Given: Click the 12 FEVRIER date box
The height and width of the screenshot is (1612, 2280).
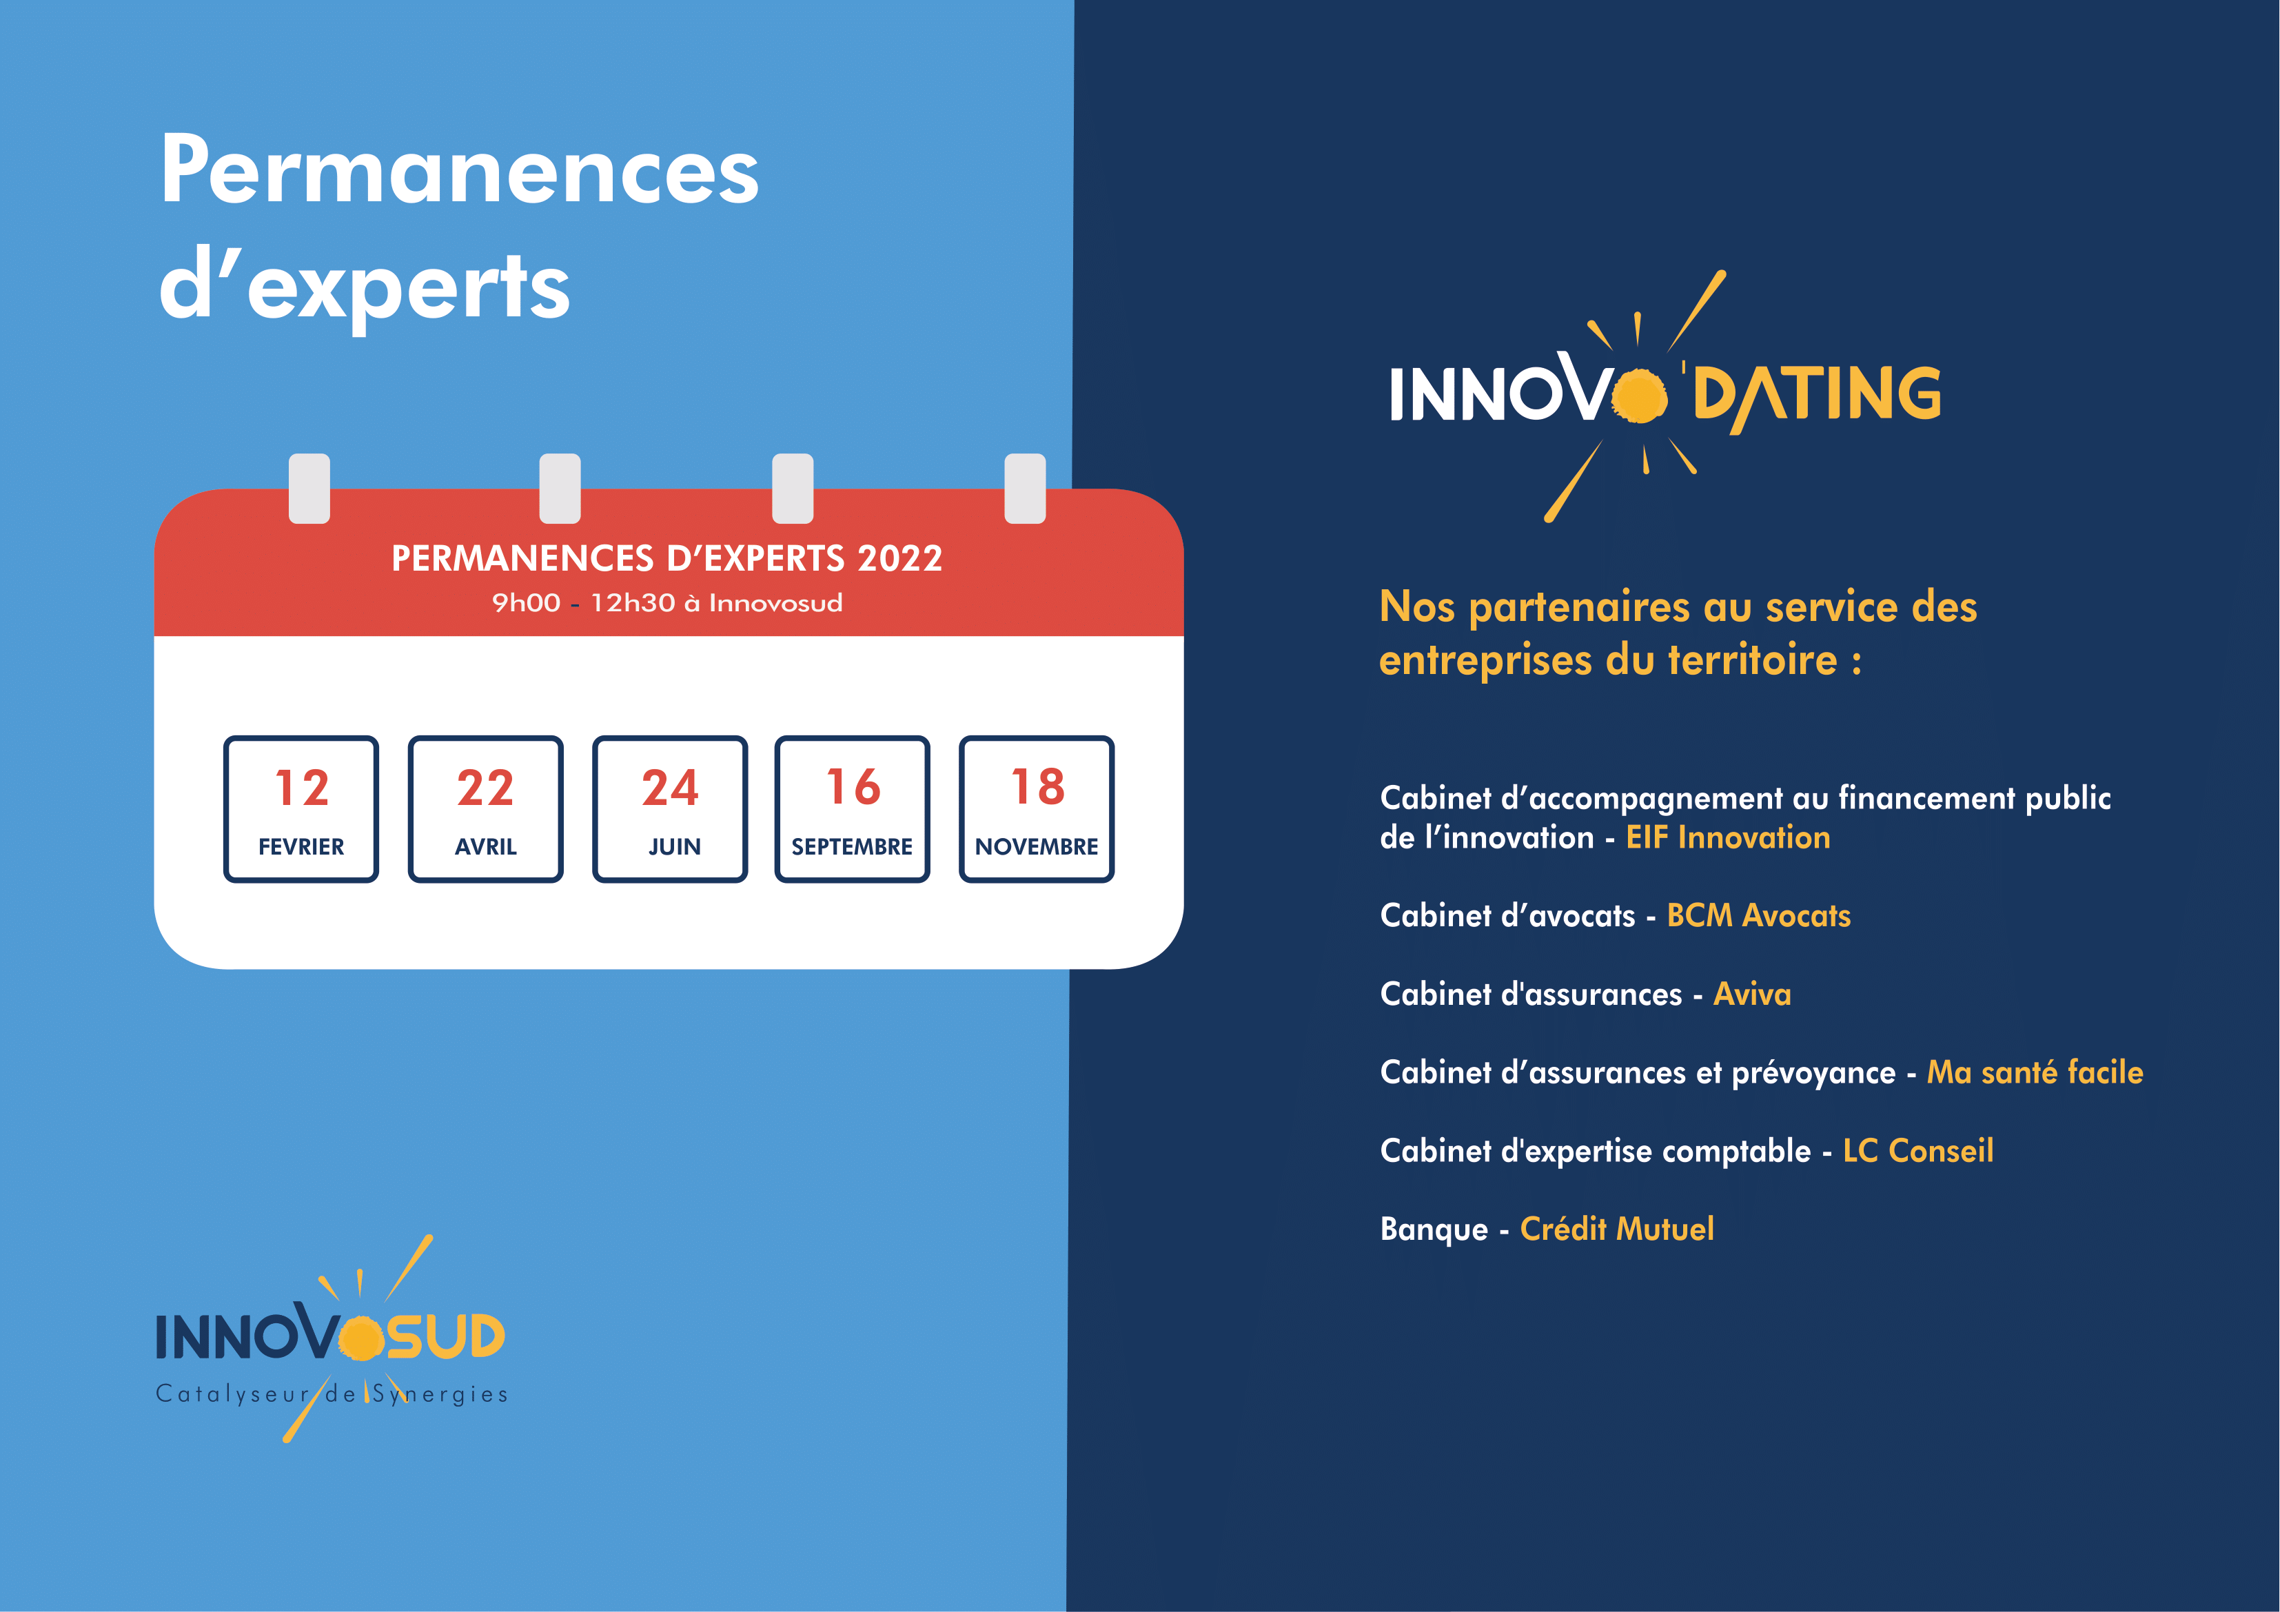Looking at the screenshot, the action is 301,808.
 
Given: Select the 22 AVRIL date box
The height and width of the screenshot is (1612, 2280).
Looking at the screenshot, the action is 486,808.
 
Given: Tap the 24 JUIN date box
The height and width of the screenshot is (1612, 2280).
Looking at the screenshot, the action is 671,808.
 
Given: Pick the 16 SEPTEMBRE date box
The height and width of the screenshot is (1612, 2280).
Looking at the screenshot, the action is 852,808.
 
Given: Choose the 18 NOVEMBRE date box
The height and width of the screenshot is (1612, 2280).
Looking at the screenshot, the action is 1037,808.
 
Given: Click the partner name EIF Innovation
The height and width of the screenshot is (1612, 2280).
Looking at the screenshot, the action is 1728,837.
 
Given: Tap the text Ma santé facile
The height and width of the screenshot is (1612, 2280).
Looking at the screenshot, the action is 2035,1072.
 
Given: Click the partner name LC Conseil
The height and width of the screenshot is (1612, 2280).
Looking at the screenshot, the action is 1919,1150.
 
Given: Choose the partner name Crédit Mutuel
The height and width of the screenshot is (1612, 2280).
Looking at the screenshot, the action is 1617,1229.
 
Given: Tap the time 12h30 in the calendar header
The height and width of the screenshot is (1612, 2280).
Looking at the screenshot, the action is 633,603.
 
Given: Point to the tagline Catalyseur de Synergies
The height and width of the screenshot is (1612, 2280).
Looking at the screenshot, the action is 332,1394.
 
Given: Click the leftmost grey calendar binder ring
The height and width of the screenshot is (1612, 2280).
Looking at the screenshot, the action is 309,489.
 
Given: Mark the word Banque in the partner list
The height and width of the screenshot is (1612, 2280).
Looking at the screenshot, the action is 1434,1230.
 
